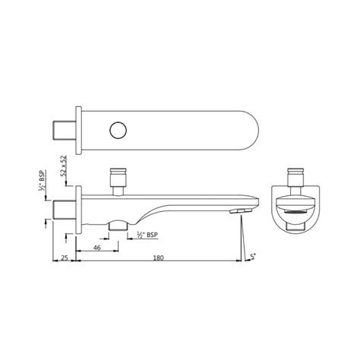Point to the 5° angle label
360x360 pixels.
click(x=253, y=258)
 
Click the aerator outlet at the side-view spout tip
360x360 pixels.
click(x=242, y=212)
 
